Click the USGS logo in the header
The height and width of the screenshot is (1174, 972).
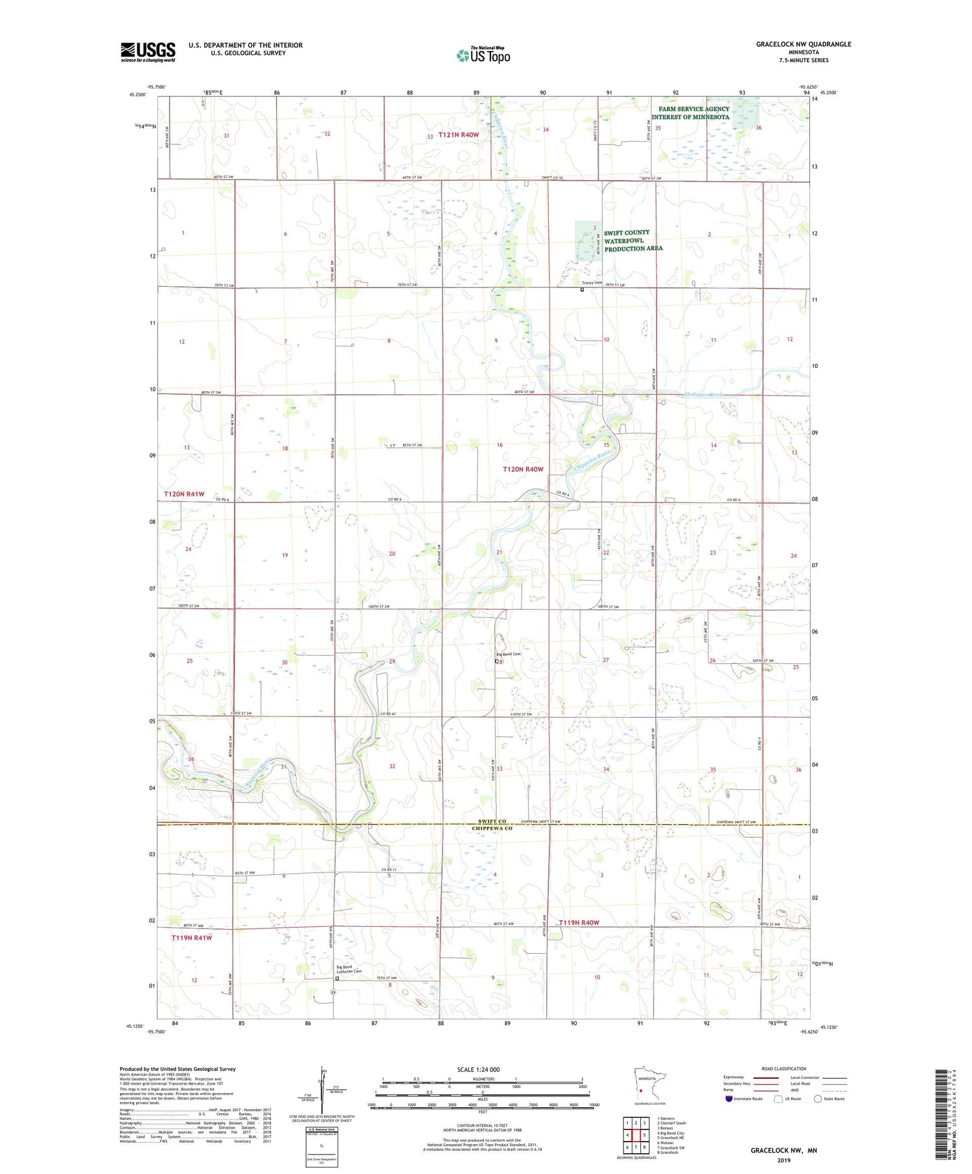(x=148, y=52)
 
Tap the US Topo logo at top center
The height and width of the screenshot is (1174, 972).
(x=483, y=55)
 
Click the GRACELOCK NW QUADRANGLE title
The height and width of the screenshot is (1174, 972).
(x=803, y=44)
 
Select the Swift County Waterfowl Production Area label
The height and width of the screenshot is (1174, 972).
(x=632, y=240)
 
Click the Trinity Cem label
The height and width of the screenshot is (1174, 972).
(x=592, y=283)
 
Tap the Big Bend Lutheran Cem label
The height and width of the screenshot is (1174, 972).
(x=349, y=969)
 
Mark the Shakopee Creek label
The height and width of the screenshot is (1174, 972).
(x=703, y=394)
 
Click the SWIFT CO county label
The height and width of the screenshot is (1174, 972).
(x=492, y=821)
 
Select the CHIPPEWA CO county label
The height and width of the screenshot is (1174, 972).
(x=492, y=828)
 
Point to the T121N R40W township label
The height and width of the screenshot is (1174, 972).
(x=458, y=135)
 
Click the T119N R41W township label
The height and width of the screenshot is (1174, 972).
(x=191, y=937)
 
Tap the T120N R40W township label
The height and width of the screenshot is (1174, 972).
(x=523, y=469)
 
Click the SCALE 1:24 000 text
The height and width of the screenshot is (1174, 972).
(x=478, y=1069)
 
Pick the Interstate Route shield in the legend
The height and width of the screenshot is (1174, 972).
(x=729, y=1099)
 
